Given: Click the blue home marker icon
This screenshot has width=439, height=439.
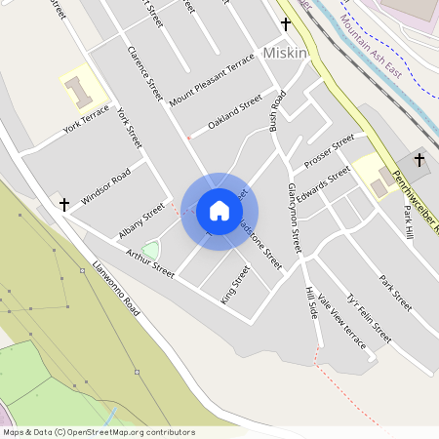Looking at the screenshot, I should pyautogui.click(x=219, y=210).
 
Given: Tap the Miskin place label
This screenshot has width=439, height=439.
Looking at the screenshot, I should pyautogui.click(x=285, y=53).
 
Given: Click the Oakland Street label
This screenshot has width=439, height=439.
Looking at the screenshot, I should pyautogui.click(x=235, y=111).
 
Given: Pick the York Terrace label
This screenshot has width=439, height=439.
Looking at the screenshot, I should pyautogui.click(x=87, y=121).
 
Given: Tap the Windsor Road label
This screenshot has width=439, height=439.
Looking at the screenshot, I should pyautogui.click(x=105, y=186).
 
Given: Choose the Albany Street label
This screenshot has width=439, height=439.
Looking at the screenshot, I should pyautogui.click(x=141, y=221).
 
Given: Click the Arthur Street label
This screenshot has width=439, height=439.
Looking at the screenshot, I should pyautogui.click(x=150, y=262).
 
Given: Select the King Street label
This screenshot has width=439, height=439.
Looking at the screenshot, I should pyautogui.click(x=235, y=284).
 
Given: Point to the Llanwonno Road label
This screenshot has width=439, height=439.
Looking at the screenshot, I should pyautogui.click(x=114, y=288).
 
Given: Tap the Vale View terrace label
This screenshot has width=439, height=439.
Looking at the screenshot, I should pyautogui.click(x=343, y=324).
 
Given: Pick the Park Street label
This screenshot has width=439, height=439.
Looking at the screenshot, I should pyautogui.click(x=396, y=292).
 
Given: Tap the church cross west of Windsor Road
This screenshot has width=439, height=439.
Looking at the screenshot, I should pyautogui.click(x=64, y=205).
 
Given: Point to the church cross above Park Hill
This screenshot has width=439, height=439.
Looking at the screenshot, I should pyautogui.click(x=419, y=159).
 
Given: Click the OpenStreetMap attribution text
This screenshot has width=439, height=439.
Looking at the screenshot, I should pyautogui.click(x=99, y=432).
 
